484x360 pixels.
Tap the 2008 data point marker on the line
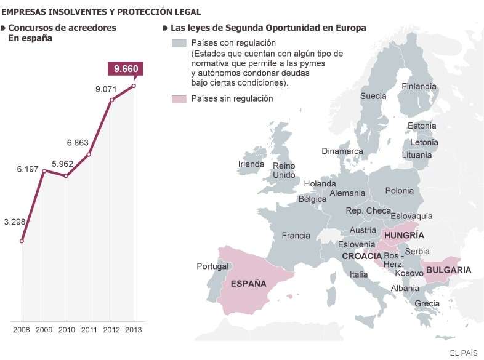pyautogui.click(x=22, y=241)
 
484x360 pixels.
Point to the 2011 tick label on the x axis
pyautogui.click(x=89, y=330)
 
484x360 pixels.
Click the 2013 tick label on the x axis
pyautogui.click(x=134, y=330)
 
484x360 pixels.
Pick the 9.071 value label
pyautogui.click(x=106, y=89)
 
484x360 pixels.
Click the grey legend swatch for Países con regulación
pyautogui.click(x=179, y=43)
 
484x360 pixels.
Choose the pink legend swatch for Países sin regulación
pyautogui.click(x=179, y=98)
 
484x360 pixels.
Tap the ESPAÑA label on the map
pyautogui.click(x=248, y=284)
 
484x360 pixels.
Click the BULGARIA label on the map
pyautogui.click(x=448, y=270)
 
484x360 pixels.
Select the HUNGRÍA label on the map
pyautogui.click(x=403, y=235)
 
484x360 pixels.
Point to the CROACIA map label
pyautogui.click(x=361, y=256)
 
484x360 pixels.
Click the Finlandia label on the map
pyautogui.click(x=419, y=87)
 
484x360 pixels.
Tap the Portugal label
pyautogui.click(x=212, y=266)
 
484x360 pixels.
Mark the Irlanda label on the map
pyautogui.click(x=251, y=164)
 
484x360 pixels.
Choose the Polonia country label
pyautogui.click(x=399, y=191)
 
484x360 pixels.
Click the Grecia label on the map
pyautogui.click(x=427, y=303)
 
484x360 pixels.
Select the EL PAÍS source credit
pyautogui.click(x=465, y=351)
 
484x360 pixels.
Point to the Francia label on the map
pyautogui.click(x=296, y=236)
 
